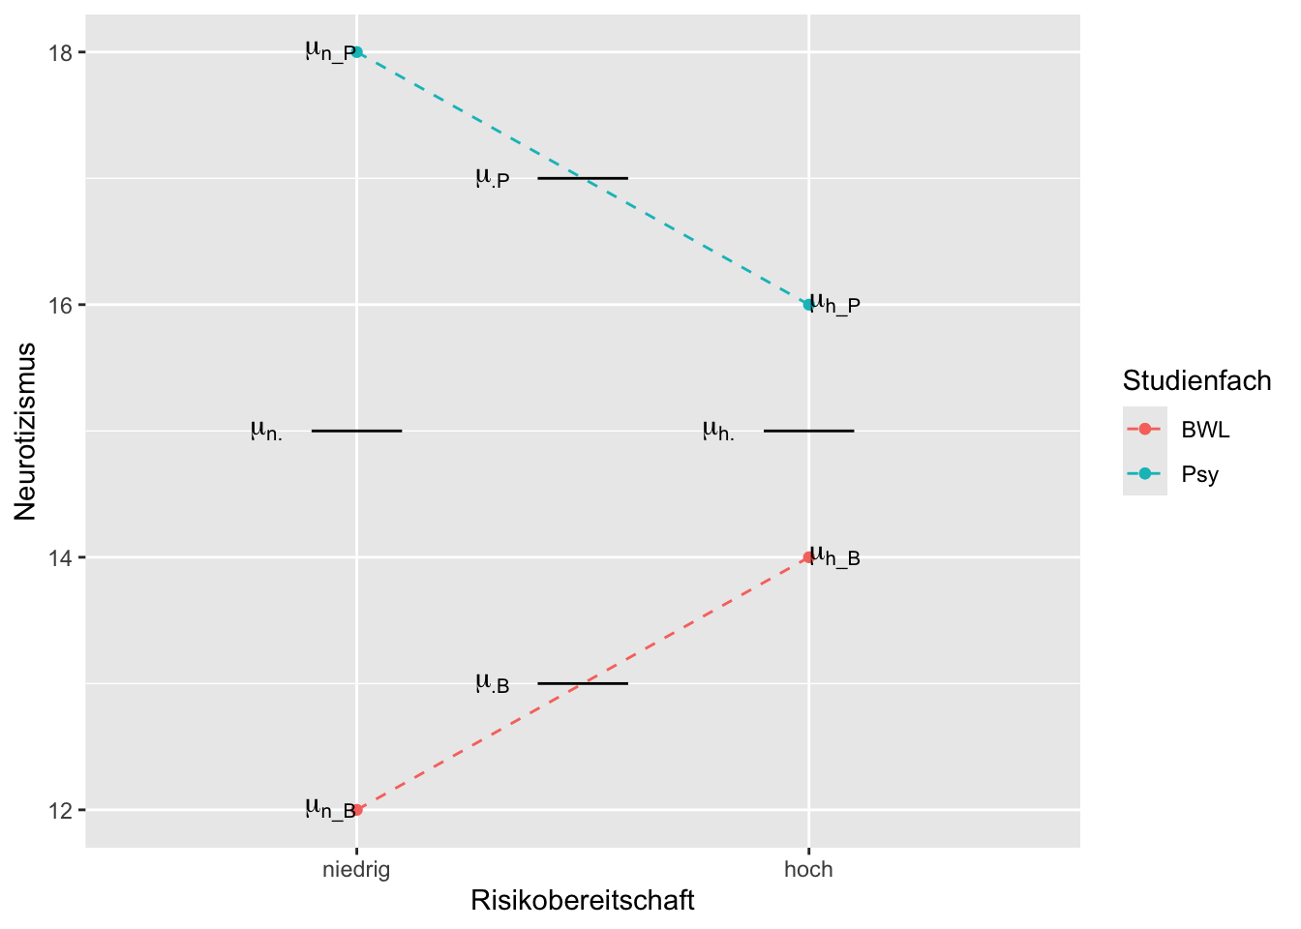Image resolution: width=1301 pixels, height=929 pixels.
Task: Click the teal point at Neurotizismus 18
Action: (x=357, y=52)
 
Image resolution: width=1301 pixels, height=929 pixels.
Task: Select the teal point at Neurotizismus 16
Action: (x=808, y=305)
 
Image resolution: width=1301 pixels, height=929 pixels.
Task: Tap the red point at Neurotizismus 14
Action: (x=808, y=557)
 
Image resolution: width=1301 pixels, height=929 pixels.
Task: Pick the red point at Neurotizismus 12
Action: (x=357, y=810)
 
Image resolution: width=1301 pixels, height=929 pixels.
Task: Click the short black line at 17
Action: (x=583, y=178)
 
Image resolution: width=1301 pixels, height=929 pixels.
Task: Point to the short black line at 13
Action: (x=583, y=683)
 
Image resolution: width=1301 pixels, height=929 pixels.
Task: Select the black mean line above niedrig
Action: (x=356, y=431)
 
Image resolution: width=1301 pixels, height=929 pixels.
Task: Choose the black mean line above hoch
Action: (x=808, y=431)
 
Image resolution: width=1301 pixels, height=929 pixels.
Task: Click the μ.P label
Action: (x=492, y=178)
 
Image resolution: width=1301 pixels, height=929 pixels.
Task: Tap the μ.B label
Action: (x=492, y=684)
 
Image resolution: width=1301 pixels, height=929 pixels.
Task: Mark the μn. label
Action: (x=266, y=431)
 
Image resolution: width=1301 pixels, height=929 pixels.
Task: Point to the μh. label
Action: (x=718, y=431)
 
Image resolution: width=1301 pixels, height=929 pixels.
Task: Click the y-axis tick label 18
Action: (x=60, y=52)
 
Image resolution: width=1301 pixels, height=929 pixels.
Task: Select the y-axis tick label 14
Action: (x=60, y=557)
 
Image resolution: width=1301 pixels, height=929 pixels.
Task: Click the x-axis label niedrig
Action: (x=356, y=870)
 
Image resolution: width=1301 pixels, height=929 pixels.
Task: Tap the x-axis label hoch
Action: (x=808, y=870)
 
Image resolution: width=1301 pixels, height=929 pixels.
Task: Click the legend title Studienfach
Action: (x=1196, y=381)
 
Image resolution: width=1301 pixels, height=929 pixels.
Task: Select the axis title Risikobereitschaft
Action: (x=583, y=901)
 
